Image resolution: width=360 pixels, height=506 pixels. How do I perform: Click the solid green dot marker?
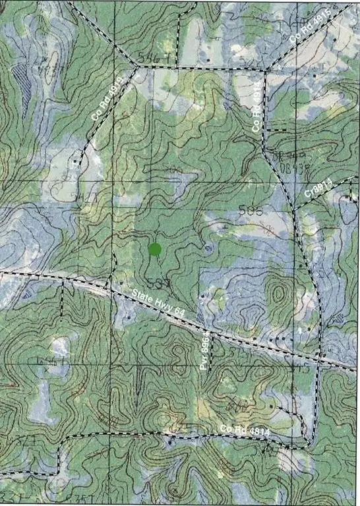coord(155,249)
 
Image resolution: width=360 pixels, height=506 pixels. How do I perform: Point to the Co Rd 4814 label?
coord(245,430)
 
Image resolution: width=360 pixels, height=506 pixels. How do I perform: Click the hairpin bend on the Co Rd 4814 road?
coord(307,440)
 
